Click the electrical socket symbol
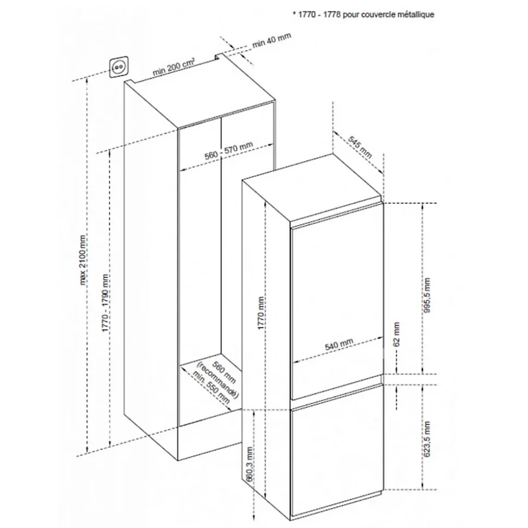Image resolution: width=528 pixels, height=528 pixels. click(x=118, y=67)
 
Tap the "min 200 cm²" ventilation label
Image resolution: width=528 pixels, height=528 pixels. click(x=174, y=67)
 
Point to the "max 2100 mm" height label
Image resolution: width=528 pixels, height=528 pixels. click(x=83, y=260)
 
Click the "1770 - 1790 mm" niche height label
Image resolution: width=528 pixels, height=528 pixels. click(x=105, y=303)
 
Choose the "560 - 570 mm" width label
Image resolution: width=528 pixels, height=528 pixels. click(x=229, y=151)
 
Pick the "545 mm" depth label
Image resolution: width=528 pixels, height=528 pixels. click(x=360, y=147)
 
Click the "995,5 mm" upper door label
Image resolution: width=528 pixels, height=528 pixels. click(x=427, y=295)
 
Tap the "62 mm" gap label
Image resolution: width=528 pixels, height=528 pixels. click(x=396, y=334)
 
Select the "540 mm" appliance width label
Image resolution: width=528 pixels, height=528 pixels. click(x=339, y=344)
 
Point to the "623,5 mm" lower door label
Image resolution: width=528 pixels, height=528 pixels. click(x=427, y=439)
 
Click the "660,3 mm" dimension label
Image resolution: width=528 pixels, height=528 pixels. click(x=250, y=464)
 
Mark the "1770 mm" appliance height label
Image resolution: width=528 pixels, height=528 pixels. click(x=261, y=313)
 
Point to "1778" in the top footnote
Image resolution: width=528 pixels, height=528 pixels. click(x=332, y=15)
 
